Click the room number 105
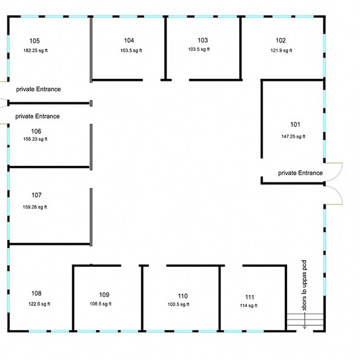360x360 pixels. (34, 41)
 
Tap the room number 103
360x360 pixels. (203, 40)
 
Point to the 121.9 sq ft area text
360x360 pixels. (280, 50)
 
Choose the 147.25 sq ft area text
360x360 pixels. (293, 137)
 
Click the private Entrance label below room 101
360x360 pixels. (300, 173)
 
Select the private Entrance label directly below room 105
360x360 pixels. (38, 89)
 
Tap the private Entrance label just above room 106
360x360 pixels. (37, 116)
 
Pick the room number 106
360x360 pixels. (36, 131)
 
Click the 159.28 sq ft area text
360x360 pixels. (35, 207)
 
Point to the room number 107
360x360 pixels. (36, 195)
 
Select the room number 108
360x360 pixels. (36, 293)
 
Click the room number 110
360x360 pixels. (182, 295)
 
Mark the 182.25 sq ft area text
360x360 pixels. (35, 50)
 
